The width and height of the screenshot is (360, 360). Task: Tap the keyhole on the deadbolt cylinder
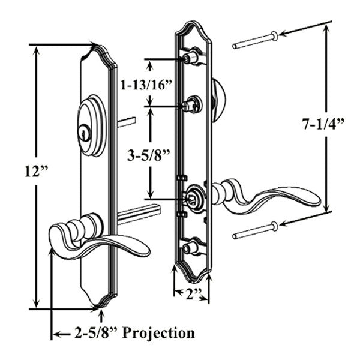pos(86,133)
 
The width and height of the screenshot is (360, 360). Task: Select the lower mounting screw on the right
pos(255,231)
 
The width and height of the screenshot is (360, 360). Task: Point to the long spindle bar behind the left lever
pos(138,212)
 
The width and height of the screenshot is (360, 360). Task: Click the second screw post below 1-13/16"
pos(192,106)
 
